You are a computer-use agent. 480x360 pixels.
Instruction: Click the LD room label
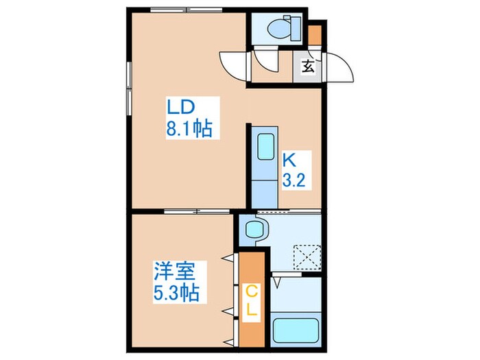tap(180, 108)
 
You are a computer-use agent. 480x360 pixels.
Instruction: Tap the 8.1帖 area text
tap(189, 128)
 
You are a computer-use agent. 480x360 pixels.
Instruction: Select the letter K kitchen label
tap(289, 160)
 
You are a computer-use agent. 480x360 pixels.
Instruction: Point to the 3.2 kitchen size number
tap(293, 180)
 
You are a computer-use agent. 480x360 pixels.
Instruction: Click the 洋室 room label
tap(174, 272)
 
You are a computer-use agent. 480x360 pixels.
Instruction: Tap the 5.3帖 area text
tap(176, 293)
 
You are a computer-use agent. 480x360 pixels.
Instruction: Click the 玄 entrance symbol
tap(309, 67)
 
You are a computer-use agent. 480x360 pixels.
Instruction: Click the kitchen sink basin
tap(265, 147)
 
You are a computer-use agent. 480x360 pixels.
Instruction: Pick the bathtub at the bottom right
tap(296, 331)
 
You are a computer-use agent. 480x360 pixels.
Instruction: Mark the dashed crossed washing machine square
tap(307, 257)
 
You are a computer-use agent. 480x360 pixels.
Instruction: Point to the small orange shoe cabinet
tap(314, 35)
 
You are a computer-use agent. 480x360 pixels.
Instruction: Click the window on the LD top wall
tap(187, 10)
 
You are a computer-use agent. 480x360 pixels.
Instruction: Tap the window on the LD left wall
tap(129, 88)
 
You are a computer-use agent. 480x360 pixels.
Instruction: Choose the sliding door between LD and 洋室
tap(197, 211)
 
